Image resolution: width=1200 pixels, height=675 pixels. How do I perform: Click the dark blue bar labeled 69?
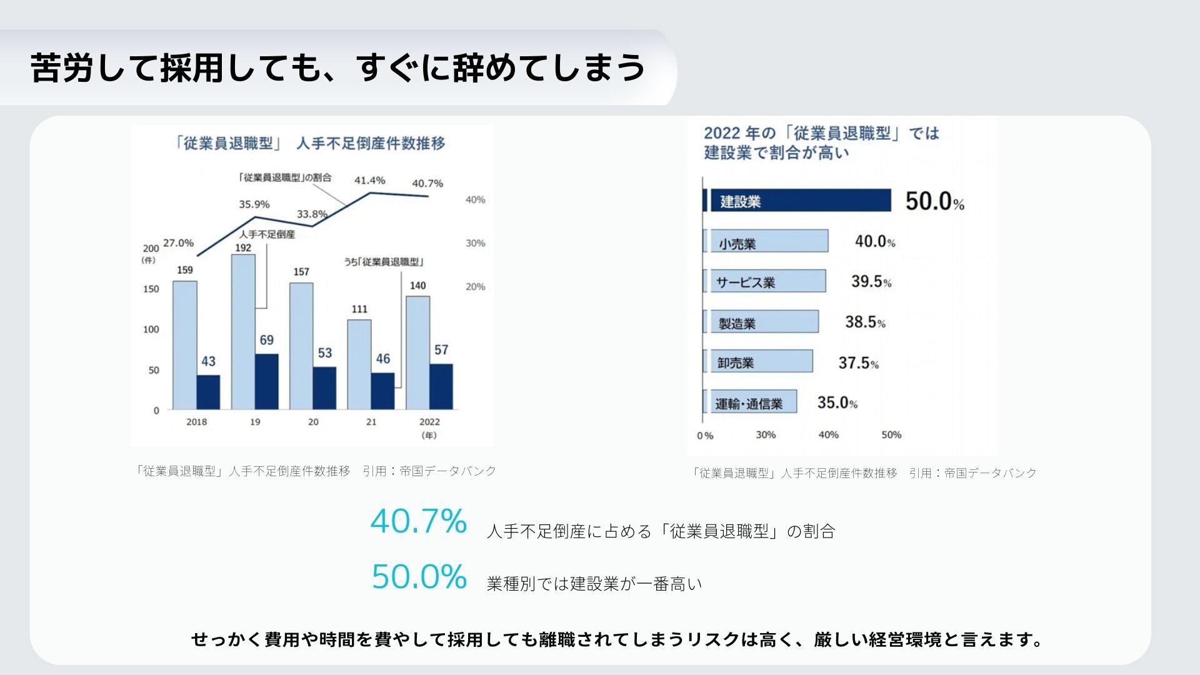pyautogui.click(x=267, y=382)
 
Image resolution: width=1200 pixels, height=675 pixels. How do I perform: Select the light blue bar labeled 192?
pyautogui.click(x=243, y=332)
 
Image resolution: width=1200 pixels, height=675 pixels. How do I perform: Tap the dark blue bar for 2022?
pyautogui.click(x=441, y=387)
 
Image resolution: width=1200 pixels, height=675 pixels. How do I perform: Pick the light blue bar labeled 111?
pyautogui.click(x=359, y=365)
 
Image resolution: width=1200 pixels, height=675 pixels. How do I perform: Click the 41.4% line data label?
pyautogui.click(x=370, y=180)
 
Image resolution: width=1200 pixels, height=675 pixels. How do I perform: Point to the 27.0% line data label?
pyautogui.click(x=179, y=242)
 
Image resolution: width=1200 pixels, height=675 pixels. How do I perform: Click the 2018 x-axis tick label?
pyautogui.click(x=197, y=422)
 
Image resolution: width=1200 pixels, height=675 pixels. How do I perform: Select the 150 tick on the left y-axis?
pyautogui.click(x=151, y=289)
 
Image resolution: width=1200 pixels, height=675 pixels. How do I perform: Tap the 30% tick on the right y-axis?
pyautogui.click(x=476, y=243)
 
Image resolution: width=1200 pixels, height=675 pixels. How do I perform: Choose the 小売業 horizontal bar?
pyautogui.click(x=769, y=241)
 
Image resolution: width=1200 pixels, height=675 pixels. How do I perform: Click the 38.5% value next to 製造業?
pyautogui.click(x=866, y=322)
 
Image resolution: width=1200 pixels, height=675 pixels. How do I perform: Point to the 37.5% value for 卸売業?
pyautogui.click(x=859, y=362)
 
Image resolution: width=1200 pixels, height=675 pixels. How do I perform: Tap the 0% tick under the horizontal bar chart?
pyautogui.click(x=705, y=436)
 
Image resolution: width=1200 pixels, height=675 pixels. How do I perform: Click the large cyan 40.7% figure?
pyautogui.click(x=419, y=521)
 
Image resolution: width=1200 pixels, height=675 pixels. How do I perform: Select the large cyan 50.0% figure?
pyautogui.click(x=419, y=576)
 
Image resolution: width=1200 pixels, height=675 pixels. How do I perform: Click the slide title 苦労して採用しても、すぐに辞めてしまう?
pyautogui.click(x=338, y=67)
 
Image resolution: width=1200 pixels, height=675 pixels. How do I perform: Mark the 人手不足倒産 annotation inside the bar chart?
pyautogui.click(x=267, y=234)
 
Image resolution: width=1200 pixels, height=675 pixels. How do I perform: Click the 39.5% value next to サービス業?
pyautogui.click(x=872, y=281)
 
